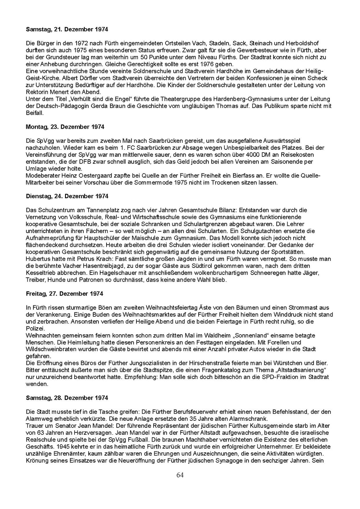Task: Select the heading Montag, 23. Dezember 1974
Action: tap(65, 127)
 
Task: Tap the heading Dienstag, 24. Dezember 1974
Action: tap(67, 196)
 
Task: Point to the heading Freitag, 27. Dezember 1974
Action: tap(64, 294)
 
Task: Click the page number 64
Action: tap(180, 475)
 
